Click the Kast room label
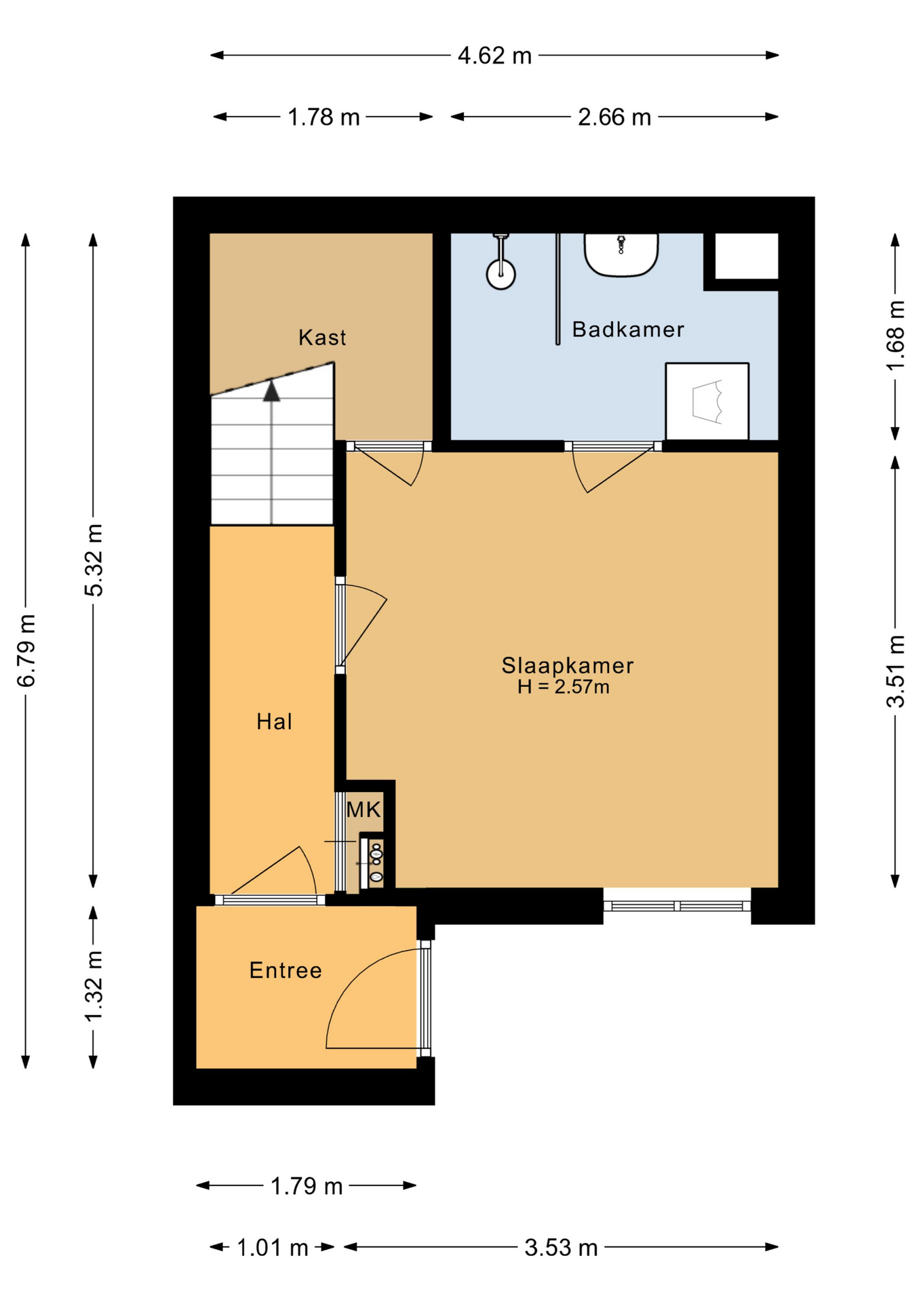coord(322,337)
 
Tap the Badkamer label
coord(628,330)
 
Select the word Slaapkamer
coord(568,665)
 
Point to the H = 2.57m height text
coord(564,687)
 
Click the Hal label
coord(274,722)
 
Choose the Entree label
coord(286,970)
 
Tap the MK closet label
coord(364,809)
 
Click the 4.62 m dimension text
coord(494,56)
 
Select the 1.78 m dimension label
coord(324,117)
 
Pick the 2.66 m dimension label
coord(614,117)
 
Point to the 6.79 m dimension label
coord(26,650)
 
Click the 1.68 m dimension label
coord(895,336)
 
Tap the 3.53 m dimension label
coord(561,1247)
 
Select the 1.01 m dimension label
coord(272,1247)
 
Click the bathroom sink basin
coord(621,255)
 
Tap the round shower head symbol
coord(501,275)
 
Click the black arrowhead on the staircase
coord(272,391)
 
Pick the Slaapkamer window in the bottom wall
coord(677,906)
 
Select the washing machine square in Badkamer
coord(707,401)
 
